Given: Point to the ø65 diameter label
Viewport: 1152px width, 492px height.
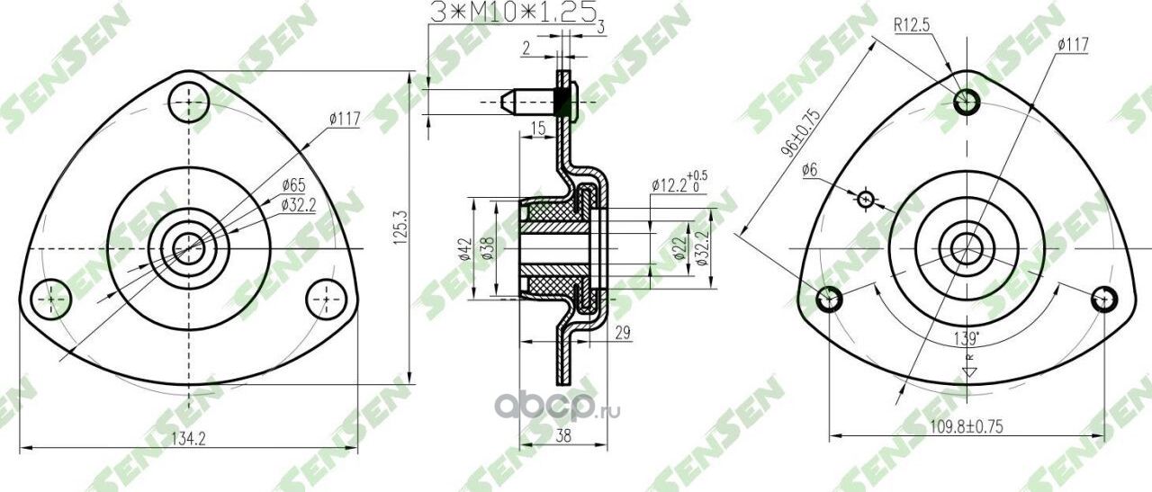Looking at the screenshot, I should [294, 186].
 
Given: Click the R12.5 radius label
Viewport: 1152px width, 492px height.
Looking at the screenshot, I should [912, 26].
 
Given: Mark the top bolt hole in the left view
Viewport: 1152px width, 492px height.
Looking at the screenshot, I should [189, 101].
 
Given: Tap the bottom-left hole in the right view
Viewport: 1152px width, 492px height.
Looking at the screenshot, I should [829, 299].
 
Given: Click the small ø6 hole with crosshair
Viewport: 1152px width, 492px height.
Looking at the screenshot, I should [866, 199].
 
